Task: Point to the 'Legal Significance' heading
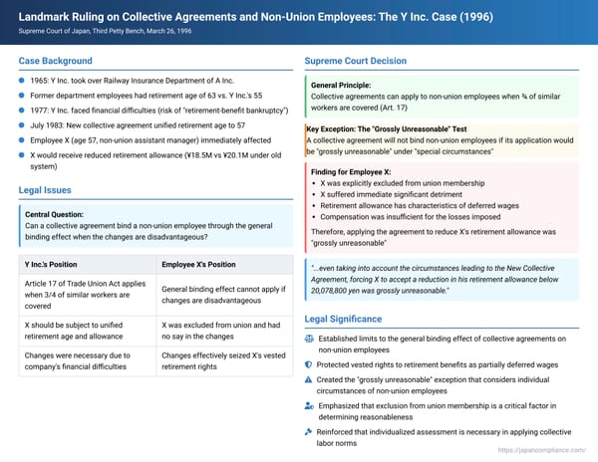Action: (x=349, y=319)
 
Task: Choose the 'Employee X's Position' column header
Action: (x=198, y=264)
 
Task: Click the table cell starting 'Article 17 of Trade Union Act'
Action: (x=86, y=295)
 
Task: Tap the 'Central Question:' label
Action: (x=56, y=214)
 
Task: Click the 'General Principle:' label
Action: (x=342, y=85)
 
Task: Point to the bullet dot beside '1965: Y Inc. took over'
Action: (x=22, y=81)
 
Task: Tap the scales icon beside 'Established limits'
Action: (x=308, y=339)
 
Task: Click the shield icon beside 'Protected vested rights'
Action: (x=308, y=364)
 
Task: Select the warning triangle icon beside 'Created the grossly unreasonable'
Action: (x=308, y=380)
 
